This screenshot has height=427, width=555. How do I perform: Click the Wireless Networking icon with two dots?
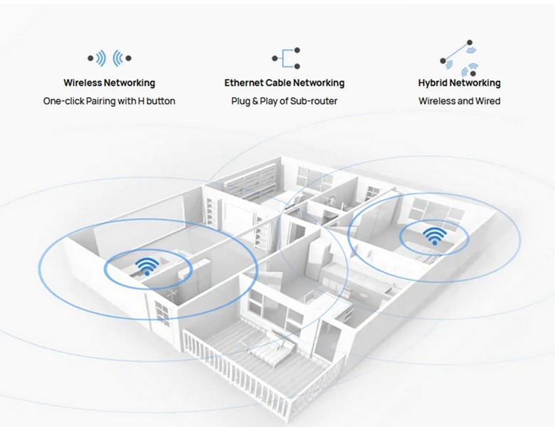click(109, 58)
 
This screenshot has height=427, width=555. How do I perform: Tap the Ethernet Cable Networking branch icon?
click(285, 58)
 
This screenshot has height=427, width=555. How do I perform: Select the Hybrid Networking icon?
click(459, 58)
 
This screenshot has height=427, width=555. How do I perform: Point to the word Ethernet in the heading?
click(245, 83)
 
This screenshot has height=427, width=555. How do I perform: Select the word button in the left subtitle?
click(162, 101)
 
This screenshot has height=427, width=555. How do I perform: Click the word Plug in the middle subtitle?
click(240, 101)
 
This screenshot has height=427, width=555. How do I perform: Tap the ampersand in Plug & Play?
click(256, 101)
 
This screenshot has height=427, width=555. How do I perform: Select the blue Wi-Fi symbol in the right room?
click(434, 236)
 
